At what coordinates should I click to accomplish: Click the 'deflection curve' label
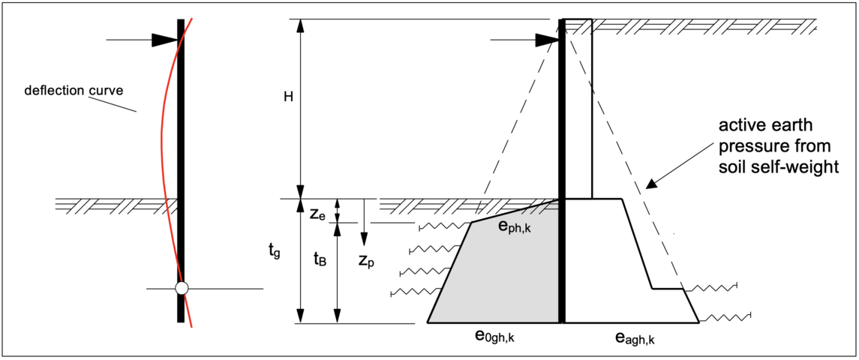pos(74,91)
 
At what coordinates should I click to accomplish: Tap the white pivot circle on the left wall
pos(180,288)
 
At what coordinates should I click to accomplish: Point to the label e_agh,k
pos(629,338)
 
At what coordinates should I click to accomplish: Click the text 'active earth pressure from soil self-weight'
pos(775,145)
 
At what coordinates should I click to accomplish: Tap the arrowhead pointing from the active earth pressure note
pos(650,181)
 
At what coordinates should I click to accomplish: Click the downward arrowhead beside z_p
pos(364,239)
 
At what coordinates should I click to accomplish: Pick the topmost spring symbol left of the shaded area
pos(443,226)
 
